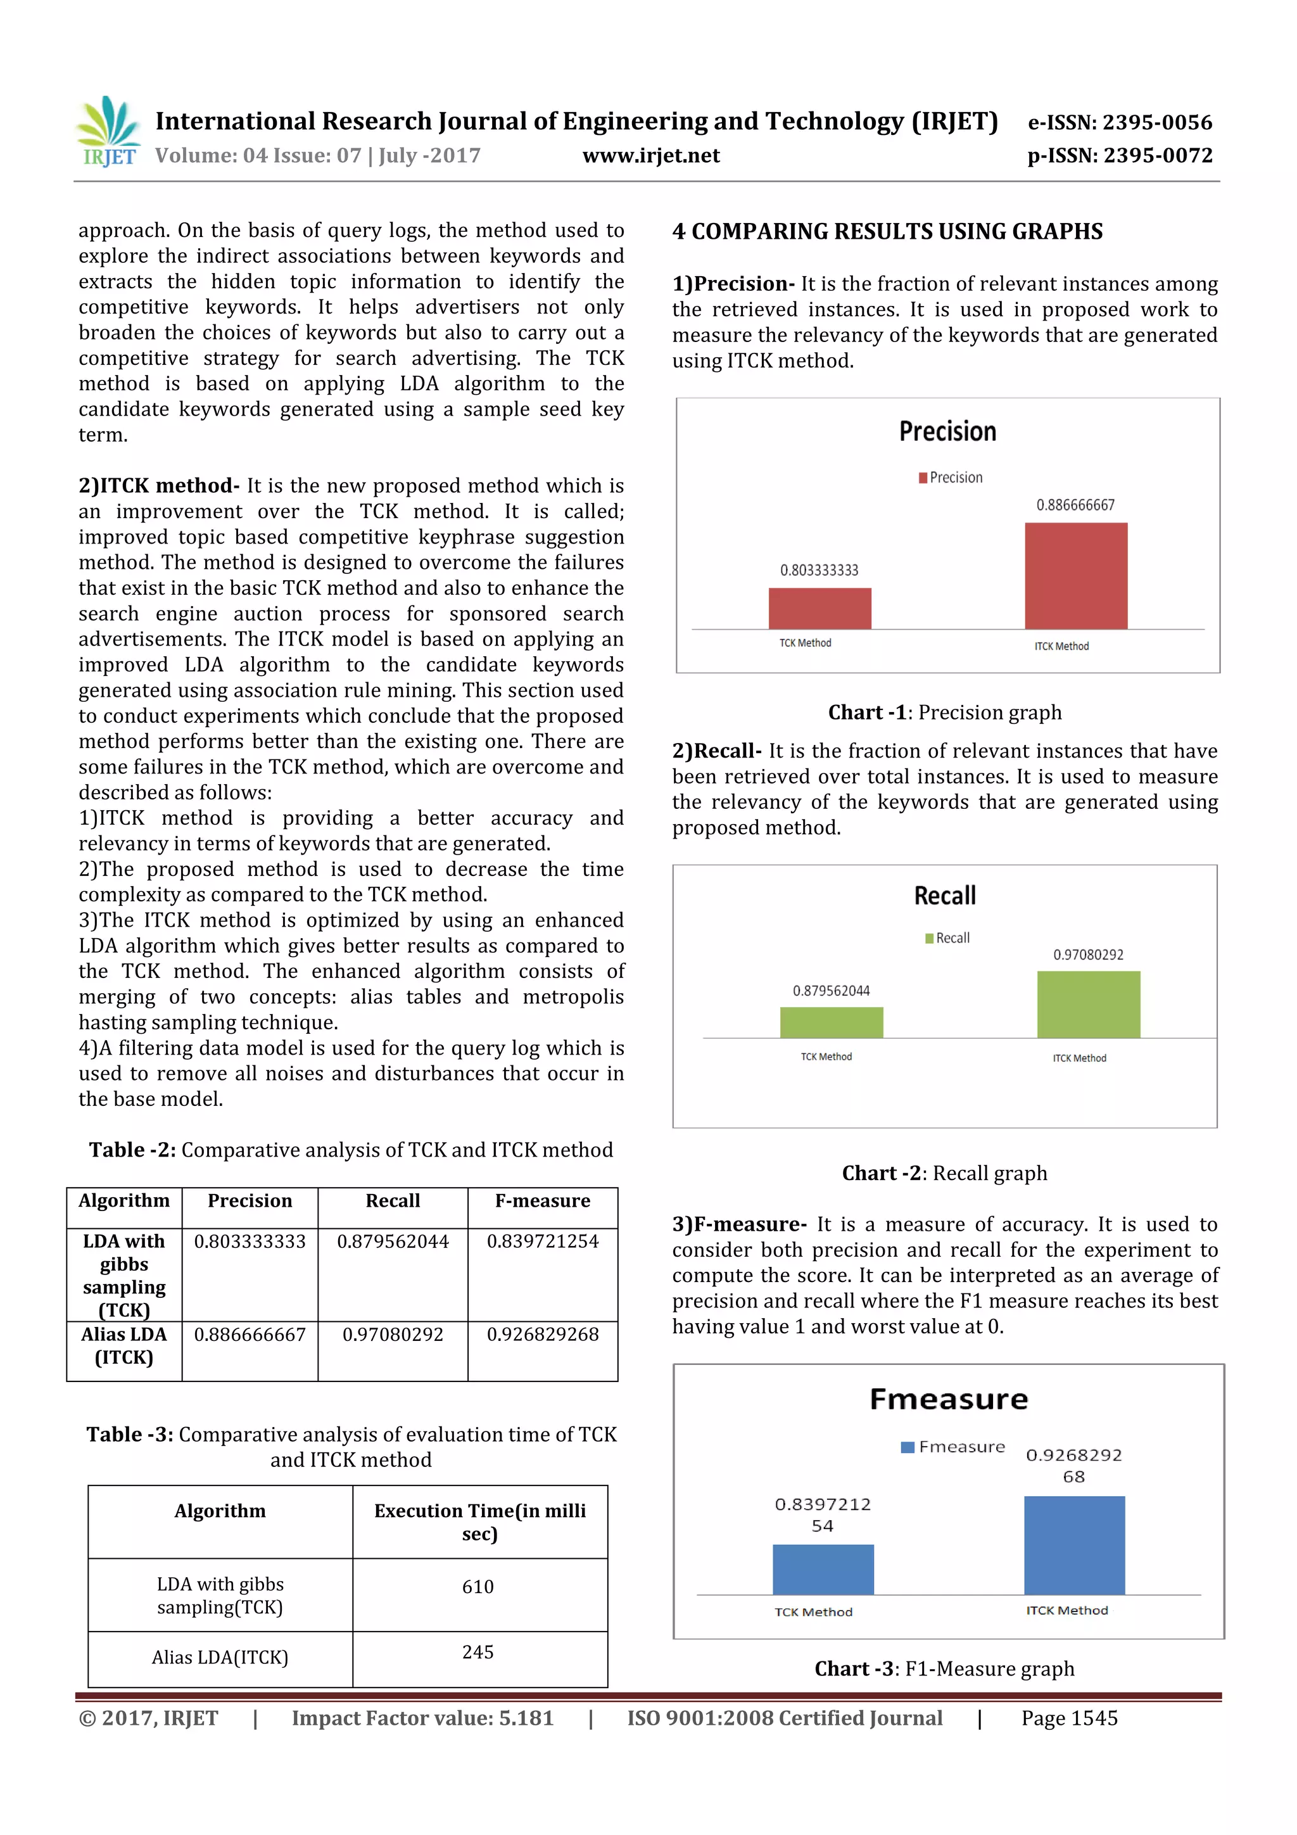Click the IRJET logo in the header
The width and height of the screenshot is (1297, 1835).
click(x=108, y=132)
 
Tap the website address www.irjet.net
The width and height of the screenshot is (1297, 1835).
click(x=650, y=155)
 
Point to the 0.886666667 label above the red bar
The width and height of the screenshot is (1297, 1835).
click(x=1075, y=505)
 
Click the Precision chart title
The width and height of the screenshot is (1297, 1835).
click(x=948, y=431)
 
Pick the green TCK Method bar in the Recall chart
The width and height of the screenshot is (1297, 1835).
click(x=831, y=1022)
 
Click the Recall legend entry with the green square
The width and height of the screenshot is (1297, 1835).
click(x=948, y=937)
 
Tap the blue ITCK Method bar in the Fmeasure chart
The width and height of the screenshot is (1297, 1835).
click(x=1074, y=1545)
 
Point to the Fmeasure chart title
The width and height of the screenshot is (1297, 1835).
click(x=949, y=1399)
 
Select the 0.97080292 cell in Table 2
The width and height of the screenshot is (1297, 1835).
click(x=393, y=1334)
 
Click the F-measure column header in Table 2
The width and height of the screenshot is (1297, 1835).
click(x=542, y=1200)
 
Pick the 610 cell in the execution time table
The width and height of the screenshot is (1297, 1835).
click(x=478, y=1587)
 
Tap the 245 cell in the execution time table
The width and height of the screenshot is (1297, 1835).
click(x=478, y=1652)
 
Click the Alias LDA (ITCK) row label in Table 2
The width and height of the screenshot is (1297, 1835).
click(x=124, y=1346)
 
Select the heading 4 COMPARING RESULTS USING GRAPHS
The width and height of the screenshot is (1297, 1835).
click(x=887, y=232)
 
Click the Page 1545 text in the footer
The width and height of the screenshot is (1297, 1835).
click(x=1068, y=1718)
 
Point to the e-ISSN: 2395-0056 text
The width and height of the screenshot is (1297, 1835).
click(x=1120, y=122)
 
